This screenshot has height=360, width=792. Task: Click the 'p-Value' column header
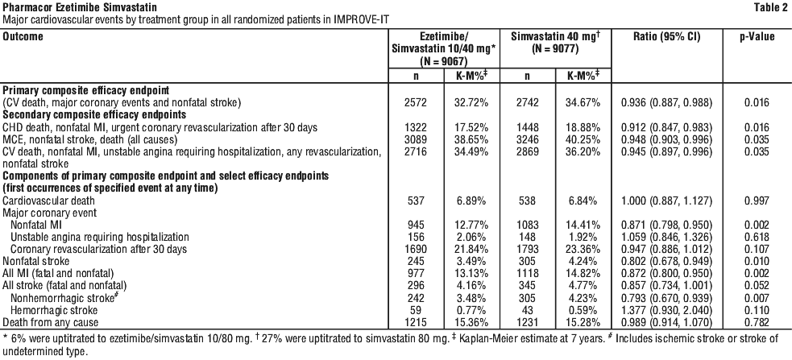coord(757,37)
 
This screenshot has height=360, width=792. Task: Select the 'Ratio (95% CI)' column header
coord(667,37)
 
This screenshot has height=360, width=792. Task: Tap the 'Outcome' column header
coord(23,37)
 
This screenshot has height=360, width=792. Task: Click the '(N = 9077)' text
coord(555,49)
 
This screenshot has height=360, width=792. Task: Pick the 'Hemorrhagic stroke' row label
coord(54,311)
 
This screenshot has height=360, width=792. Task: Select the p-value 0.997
coord(757,201)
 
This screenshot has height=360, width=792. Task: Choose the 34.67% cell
coord(583,102)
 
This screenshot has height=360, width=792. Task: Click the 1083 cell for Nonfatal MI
coord(528,225)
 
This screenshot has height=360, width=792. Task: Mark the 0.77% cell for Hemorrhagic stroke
coord(469,311)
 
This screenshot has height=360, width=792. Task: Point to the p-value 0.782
coord(757,323)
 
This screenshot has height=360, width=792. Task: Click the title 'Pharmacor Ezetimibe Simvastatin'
coord(79,7)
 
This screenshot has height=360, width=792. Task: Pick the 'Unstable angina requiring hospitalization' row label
coord(100,237)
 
